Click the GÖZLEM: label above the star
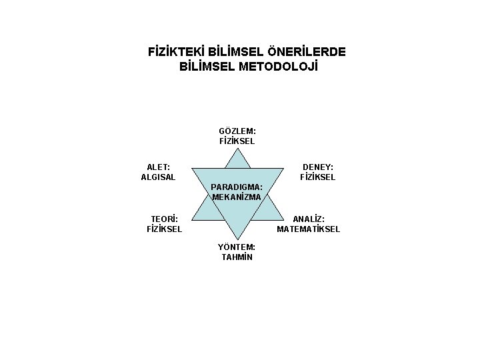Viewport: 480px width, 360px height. point(237,131)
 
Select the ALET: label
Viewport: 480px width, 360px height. point(158,167)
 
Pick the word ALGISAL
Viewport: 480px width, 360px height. point(158,177)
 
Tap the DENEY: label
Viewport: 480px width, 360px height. point(318,167)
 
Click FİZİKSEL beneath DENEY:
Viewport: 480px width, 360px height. point(318,177)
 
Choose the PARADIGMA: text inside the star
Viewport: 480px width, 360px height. point(237,187)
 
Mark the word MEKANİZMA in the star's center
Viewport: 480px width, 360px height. point(237,197)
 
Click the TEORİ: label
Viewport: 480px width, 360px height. point(164,219)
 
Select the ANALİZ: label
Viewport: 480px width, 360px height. point(309,219)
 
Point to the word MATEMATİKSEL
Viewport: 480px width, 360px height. point(309,229)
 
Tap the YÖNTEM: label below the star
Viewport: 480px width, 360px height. point(237,247)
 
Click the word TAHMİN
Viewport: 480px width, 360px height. point(237,257)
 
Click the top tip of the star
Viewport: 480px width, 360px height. point(237,149)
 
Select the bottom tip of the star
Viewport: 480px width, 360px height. point(237,237)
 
